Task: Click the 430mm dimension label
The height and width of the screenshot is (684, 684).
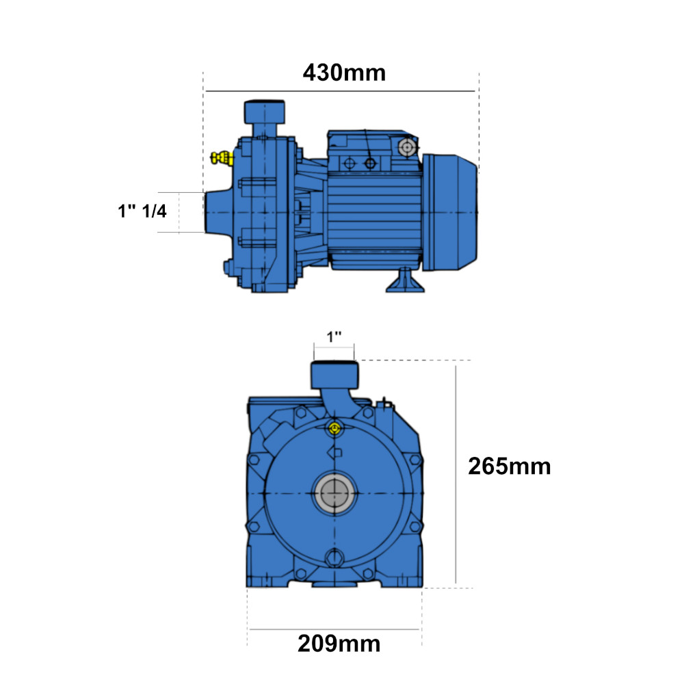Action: (344, 73)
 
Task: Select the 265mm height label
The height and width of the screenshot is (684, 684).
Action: (509, 466)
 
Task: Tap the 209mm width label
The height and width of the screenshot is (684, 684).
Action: (339, 644)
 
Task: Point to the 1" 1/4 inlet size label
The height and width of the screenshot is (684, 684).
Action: (142, 211)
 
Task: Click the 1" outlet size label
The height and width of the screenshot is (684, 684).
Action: (334, 337)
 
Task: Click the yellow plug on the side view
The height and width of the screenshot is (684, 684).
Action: (222, 158)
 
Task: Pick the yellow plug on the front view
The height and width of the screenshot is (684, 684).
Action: (334, 429)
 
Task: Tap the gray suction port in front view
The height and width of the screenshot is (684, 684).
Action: (334, 493)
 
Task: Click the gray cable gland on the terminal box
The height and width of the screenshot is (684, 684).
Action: (407, 148)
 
